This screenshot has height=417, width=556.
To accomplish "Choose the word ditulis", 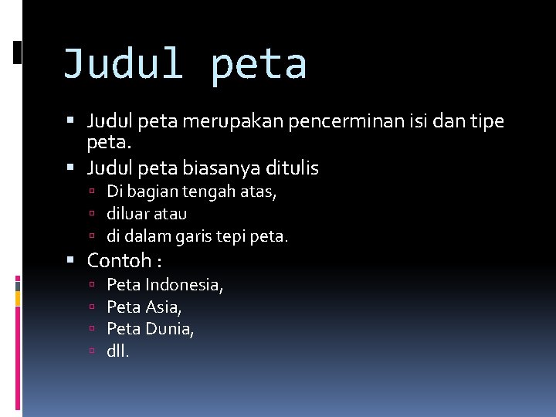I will [x=290, y=168].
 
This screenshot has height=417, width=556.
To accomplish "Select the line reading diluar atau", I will [x=147, y=213].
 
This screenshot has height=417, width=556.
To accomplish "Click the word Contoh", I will [x=118, y=261].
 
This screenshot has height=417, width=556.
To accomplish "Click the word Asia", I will [x=164, y=307].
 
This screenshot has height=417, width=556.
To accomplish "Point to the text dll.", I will [x=119, y=351].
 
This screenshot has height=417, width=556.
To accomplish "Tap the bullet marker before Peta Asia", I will [x=91, y=307].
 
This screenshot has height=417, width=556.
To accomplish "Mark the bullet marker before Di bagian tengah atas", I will [x=91, y=192].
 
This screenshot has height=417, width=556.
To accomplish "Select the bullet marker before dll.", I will [x=91, y=351].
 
